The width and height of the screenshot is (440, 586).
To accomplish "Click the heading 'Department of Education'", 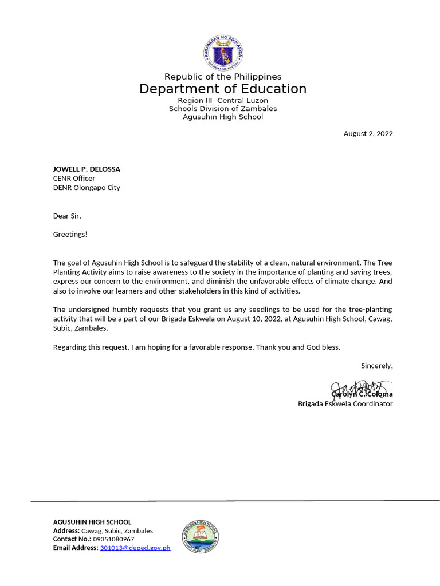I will (223, 89).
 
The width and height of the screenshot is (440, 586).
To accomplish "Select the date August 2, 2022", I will (368, 134).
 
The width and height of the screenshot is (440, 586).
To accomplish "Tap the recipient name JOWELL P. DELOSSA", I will (87, 169).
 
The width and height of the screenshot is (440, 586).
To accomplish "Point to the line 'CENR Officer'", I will (74, 178).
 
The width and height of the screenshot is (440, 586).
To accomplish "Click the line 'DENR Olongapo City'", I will (87, 187).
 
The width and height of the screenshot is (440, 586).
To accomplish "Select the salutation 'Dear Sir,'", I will (67, 216).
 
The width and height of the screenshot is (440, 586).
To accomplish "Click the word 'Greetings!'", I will (70, 234).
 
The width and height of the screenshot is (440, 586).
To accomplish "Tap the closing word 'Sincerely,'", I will (376, 365).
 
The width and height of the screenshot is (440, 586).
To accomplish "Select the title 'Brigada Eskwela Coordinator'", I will (345, 403).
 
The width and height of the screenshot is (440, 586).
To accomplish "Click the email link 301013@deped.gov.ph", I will (135, 548).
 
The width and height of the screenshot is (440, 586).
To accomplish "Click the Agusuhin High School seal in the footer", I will (200, 536).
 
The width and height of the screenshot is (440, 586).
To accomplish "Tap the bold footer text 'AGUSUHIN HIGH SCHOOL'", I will (92, 522).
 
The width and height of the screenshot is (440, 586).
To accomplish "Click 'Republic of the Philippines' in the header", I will (223, 77).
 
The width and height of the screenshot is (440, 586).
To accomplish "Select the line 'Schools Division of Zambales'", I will (223, 109).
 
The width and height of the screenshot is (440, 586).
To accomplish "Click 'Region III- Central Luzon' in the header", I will (223, 101).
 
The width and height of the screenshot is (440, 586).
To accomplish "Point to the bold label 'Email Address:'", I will (76, 548).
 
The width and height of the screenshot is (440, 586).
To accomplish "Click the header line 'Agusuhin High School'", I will (223, 117).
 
